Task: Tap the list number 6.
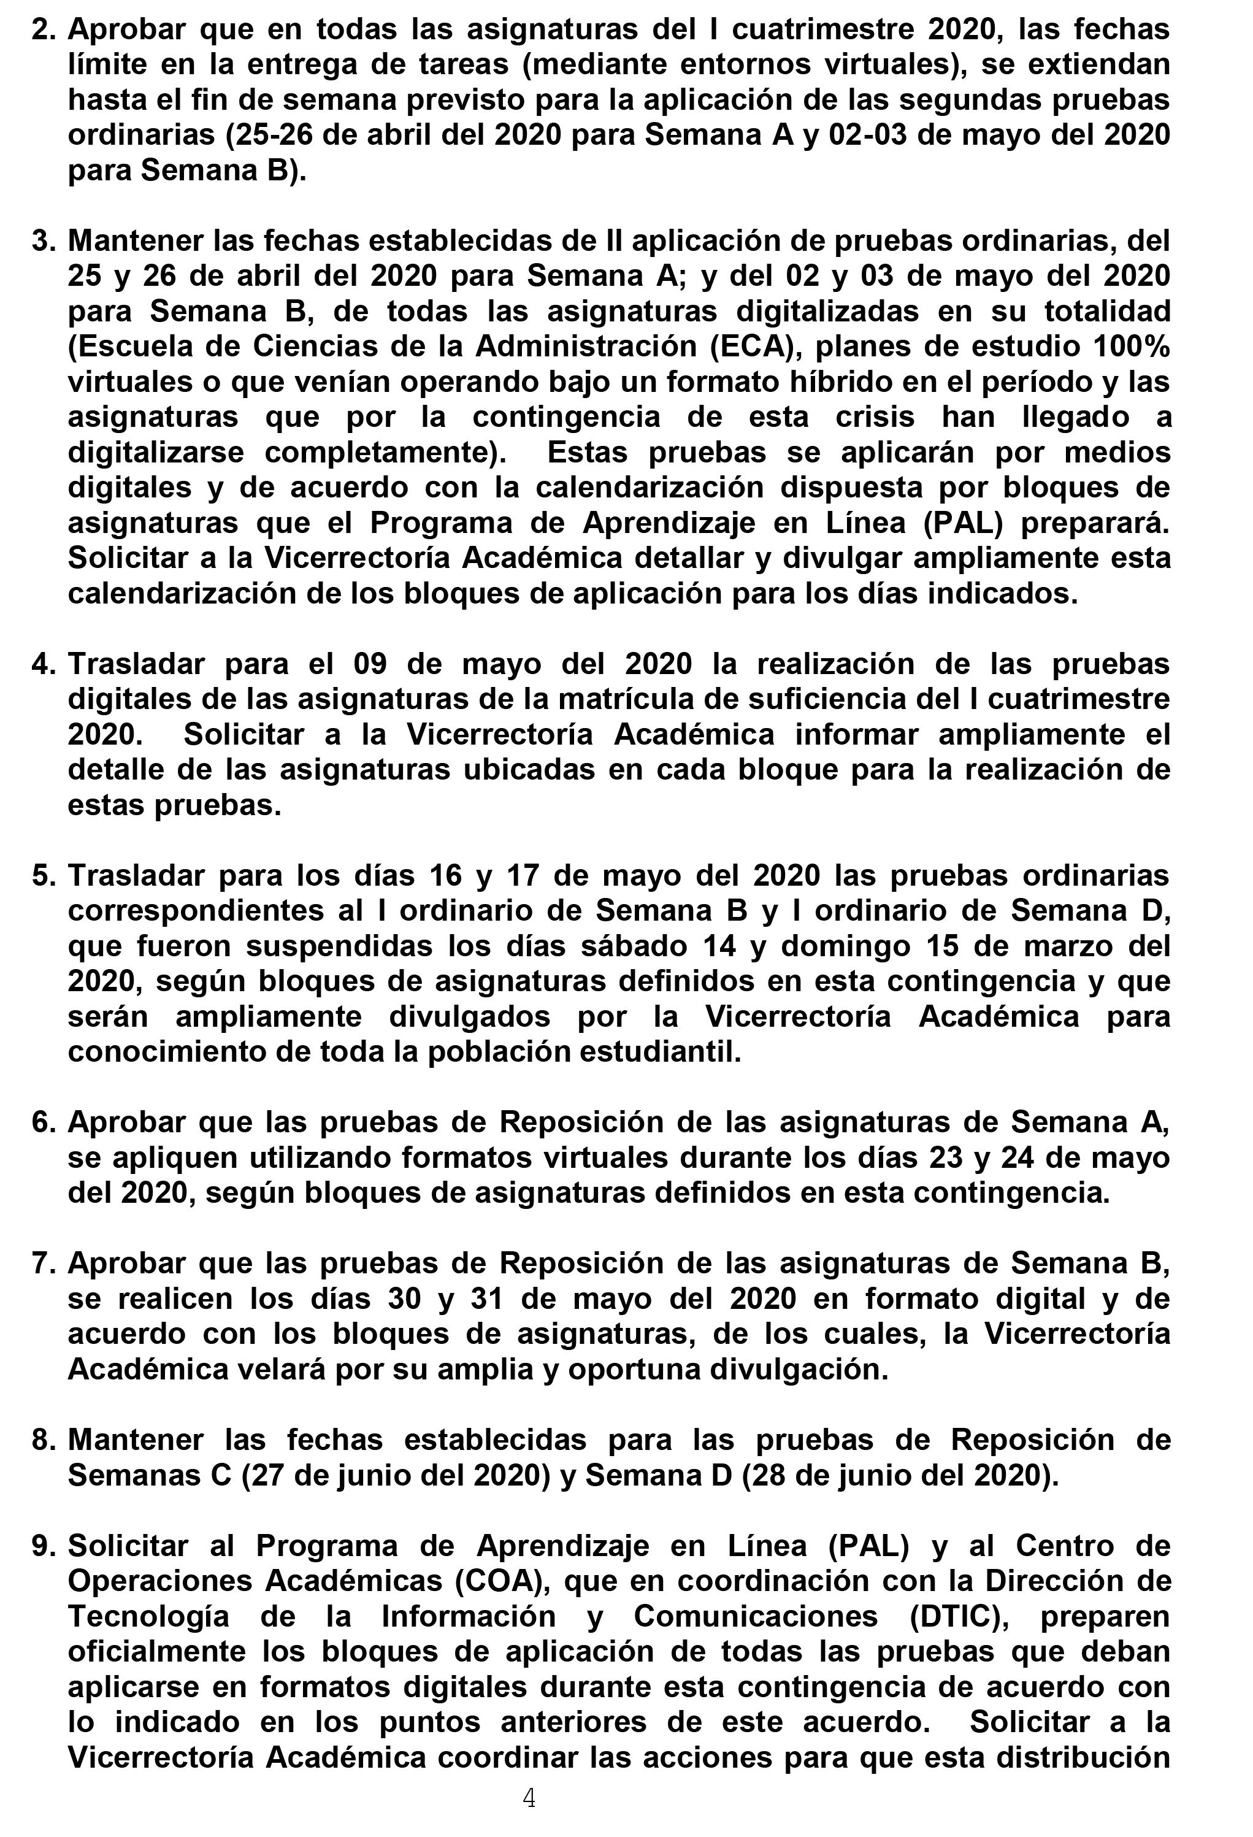pos(43,1122)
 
